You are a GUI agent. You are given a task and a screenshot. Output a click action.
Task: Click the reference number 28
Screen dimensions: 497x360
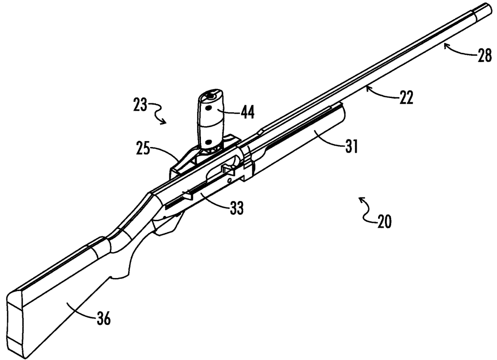click(484, 55)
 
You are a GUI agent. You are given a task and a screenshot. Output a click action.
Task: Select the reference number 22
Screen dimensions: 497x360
click(406, 98)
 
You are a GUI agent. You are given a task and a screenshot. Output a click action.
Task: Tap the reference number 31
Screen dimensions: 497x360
click(350, 147)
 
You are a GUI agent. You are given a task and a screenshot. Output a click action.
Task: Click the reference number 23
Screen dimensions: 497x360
click(140, 105)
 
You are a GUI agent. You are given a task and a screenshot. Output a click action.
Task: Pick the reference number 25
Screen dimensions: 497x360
click(143, 149)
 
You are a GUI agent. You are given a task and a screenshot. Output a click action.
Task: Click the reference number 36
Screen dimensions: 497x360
click(103, 318)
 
